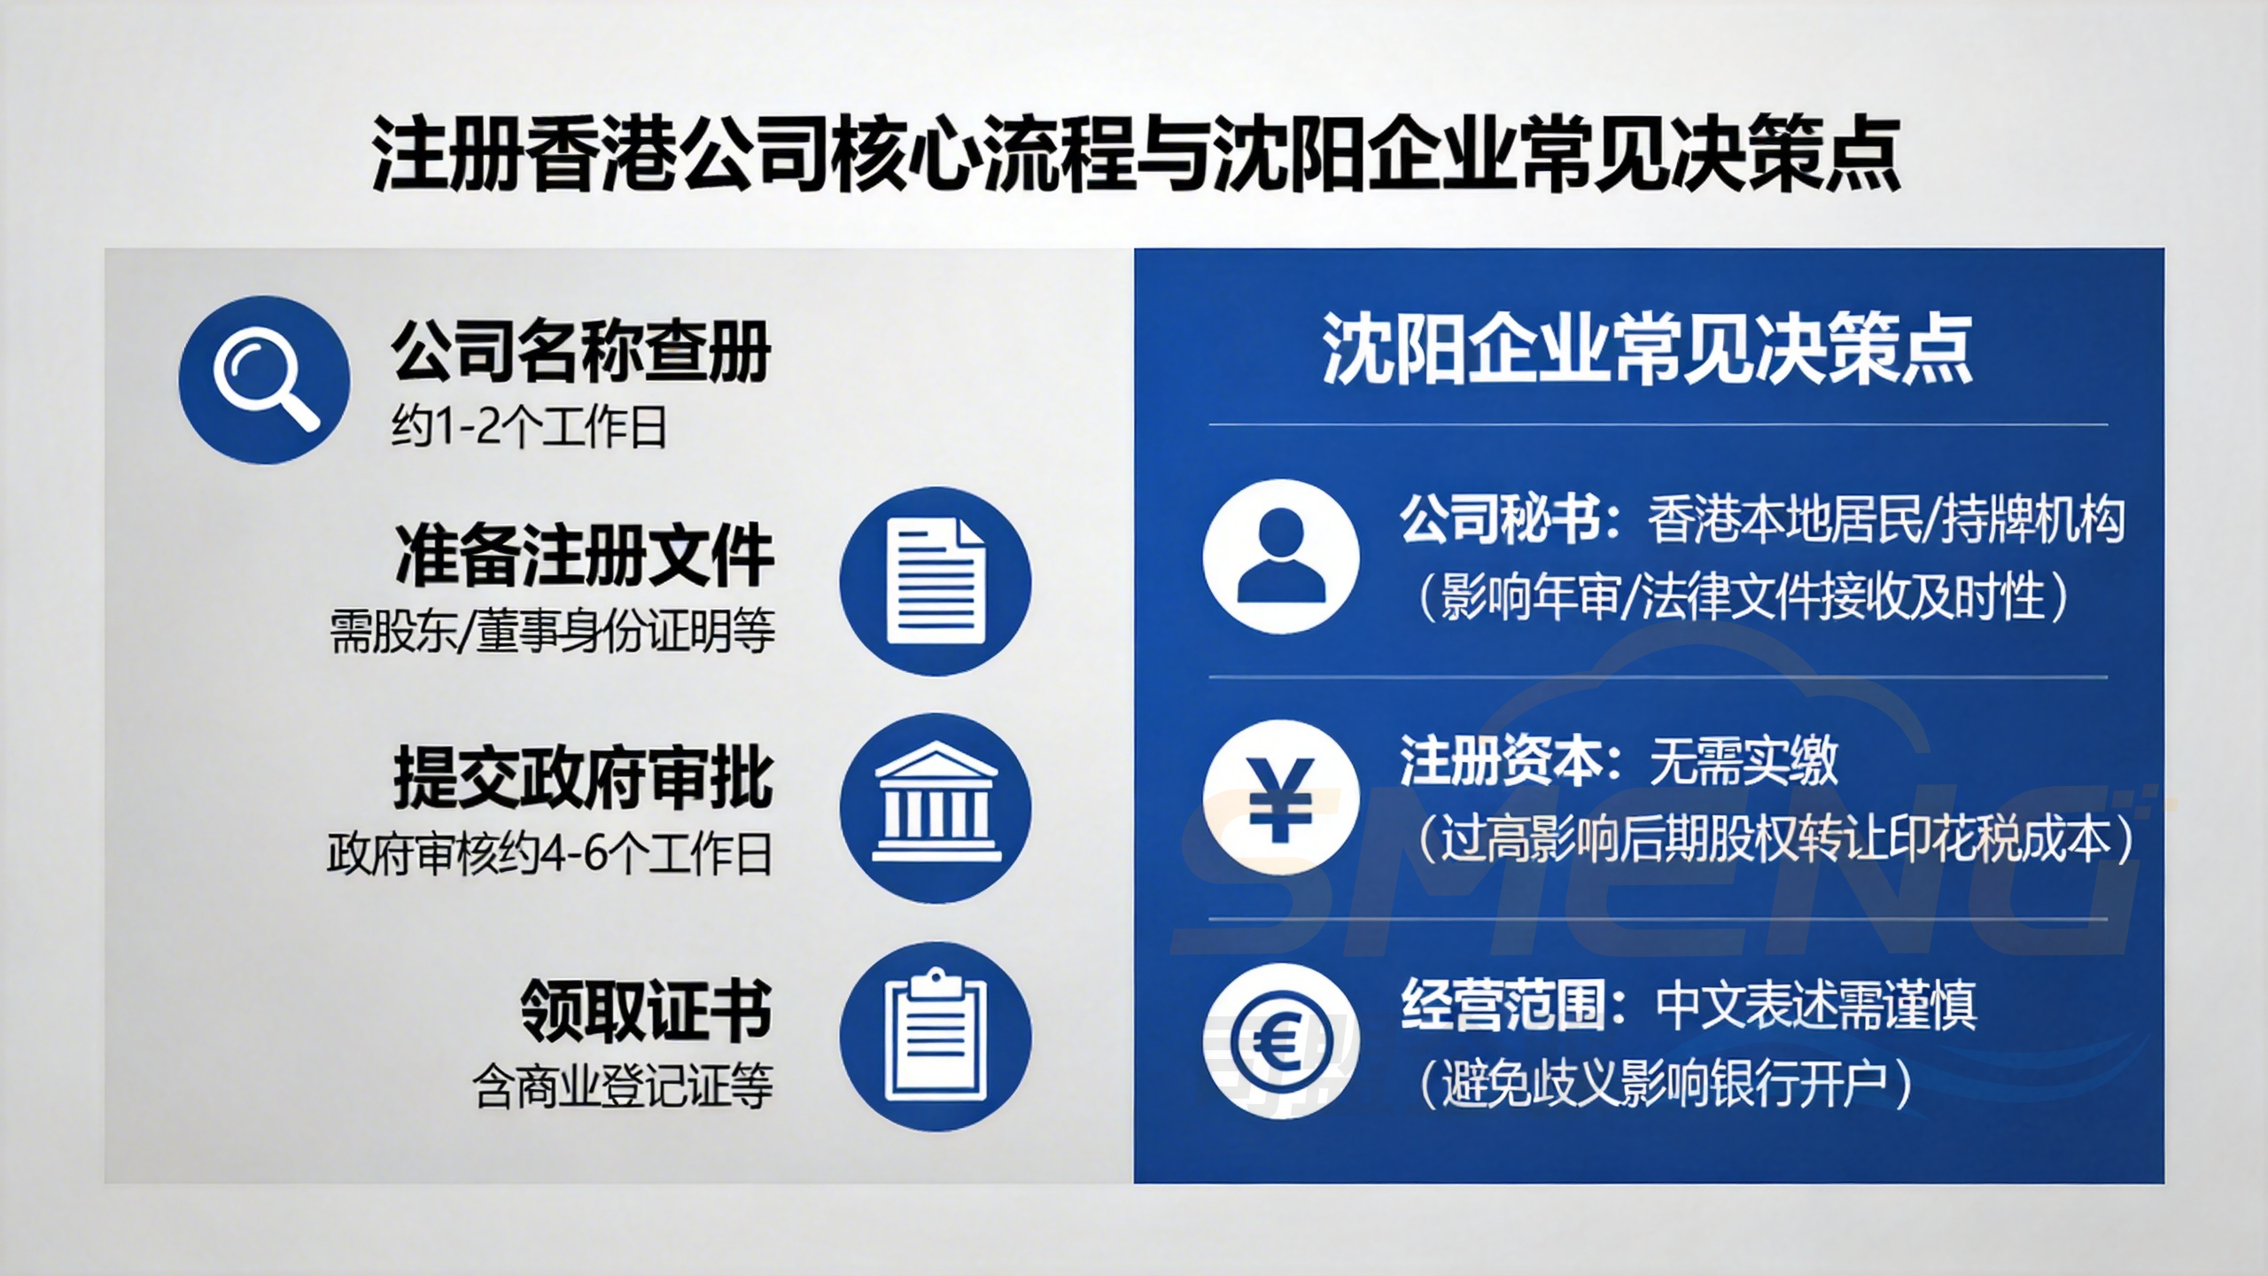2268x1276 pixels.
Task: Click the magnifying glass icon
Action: pyautogui.click(x=264, y=379)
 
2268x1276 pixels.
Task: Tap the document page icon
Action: pyautogui.click(x=936, y=581)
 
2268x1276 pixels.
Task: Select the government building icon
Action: pyautogui.click(x=936, y=808)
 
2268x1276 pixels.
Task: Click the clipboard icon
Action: pyautogui.click(x=936, y=1036)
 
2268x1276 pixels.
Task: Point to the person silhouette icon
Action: pyautogui.click(x=1281, y=556)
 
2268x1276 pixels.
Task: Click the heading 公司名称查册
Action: pyautogui.click(x=581, y=352)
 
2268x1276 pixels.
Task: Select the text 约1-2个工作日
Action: pyautogui.click(x=529, y=428)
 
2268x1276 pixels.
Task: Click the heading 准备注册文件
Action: pyautogui.click(x=585, y=556)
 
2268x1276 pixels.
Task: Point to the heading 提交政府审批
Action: pyautogui.click(x=583, y=779)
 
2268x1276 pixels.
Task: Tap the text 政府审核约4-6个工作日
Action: pyautogui.click(x=549, y=855)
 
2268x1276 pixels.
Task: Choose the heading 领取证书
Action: pyautogui.click(x=646, y=1011)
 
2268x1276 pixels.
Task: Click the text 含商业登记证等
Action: pyautogui.click(x=623, y=1086)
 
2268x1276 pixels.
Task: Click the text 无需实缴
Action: pyautogui.click(x=1744, y=761)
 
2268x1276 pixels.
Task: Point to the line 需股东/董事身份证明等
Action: pyautogui.click(x=552, y=632)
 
